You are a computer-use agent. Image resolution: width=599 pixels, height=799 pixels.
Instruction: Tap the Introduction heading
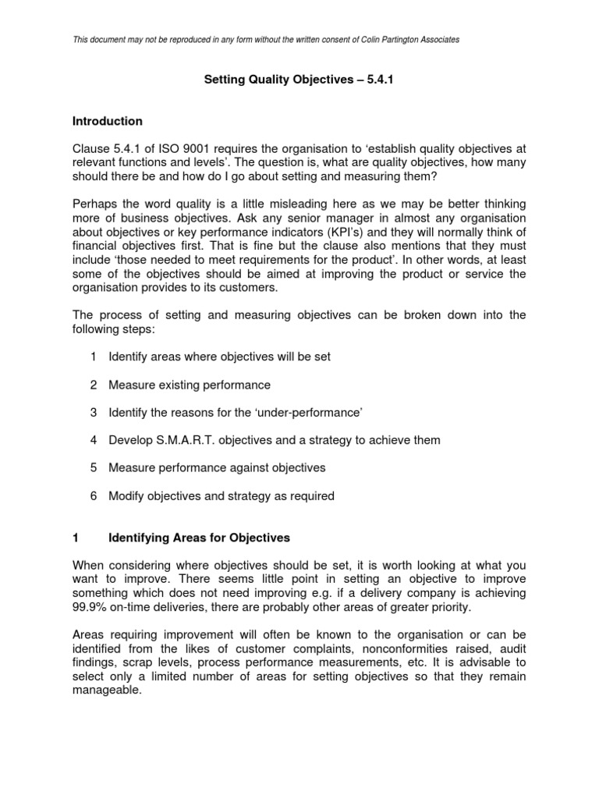tap(107, 121)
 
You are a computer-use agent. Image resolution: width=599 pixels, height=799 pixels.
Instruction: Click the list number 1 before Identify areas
tap(93, 357)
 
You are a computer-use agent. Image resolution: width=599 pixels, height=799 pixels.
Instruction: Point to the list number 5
tap(93, 468)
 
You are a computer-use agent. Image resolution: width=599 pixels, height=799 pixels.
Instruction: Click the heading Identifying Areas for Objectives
tap(199, 538)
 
